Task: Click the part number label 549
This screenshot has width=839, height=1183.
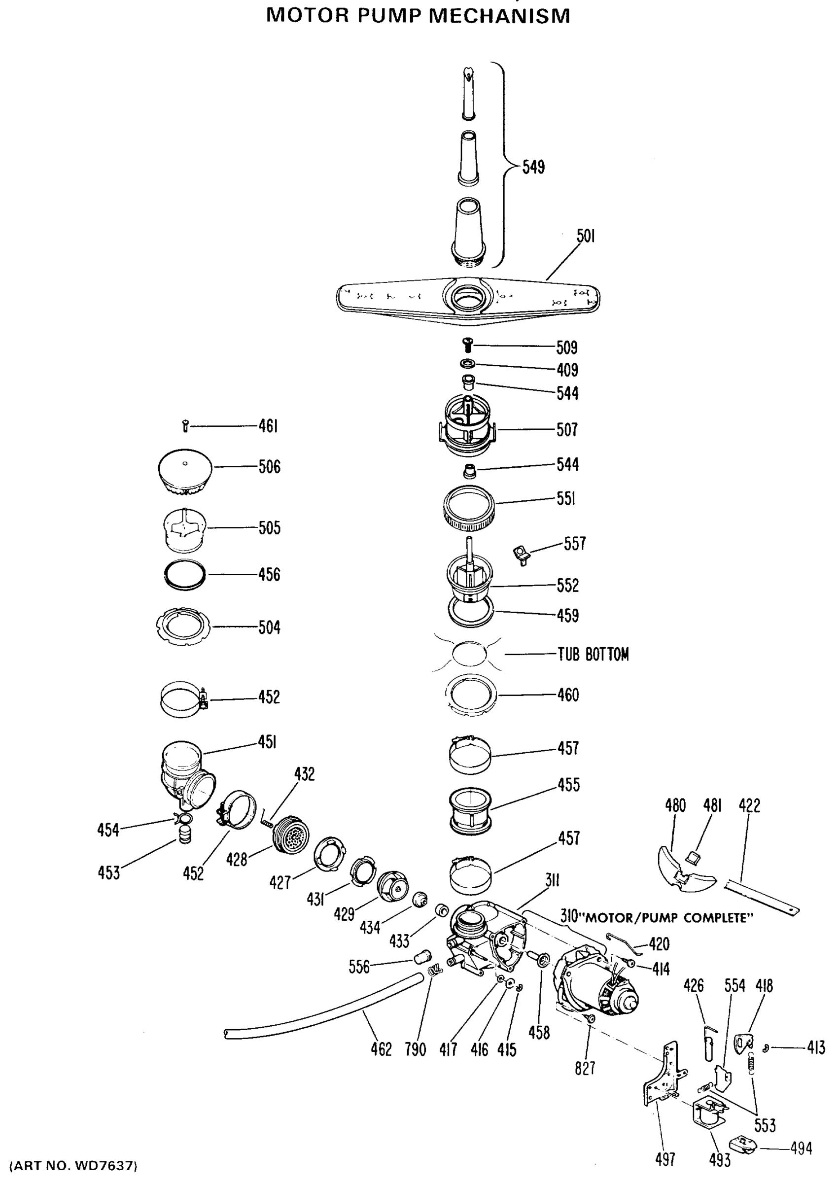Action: tap(533, 168)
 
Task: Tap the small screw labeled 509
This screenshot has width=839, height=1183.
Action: tap(468, 344)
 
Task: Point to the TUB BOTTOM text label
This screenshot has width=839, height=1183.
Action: tap(593, 655)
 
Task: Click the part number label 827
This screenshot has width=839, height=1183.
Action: tap(585, 1068)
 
